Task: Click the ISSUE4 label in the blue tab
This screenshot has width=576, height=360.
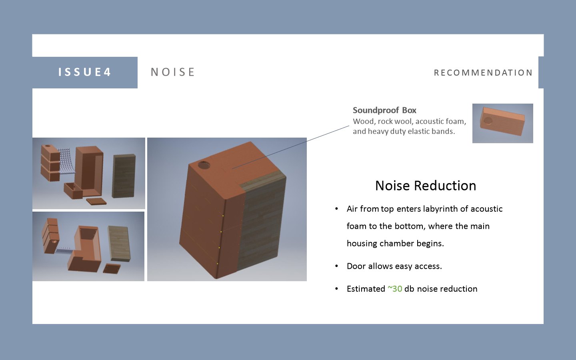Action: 84,72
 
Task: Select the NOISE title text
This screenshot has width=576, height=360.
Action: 172,72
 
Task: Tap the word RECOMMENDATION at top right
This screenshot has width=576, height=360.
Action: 483,73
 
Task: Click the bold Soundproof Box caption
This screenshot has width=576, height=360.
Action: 384,110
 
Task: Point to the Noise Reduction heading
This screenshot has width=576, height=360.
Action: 426,186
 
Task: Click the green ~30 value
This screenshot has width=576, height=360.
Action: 395,289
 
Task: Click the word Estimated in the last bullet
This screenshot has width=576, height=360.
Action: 366,289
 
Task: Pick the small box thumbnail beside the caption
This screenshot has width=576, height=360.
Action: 502,123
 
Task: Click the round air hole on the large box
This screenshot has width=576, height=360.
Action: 204,165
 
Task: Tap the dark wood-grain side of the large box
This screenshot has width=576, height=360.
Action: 262,224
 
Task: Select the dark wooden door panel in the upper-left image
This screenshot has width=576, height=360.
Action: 124,176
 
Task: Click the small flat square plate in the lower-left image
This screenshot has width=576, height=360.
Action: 112,268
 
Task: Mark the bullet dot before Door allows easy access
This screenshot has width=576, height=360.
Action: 337,266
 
